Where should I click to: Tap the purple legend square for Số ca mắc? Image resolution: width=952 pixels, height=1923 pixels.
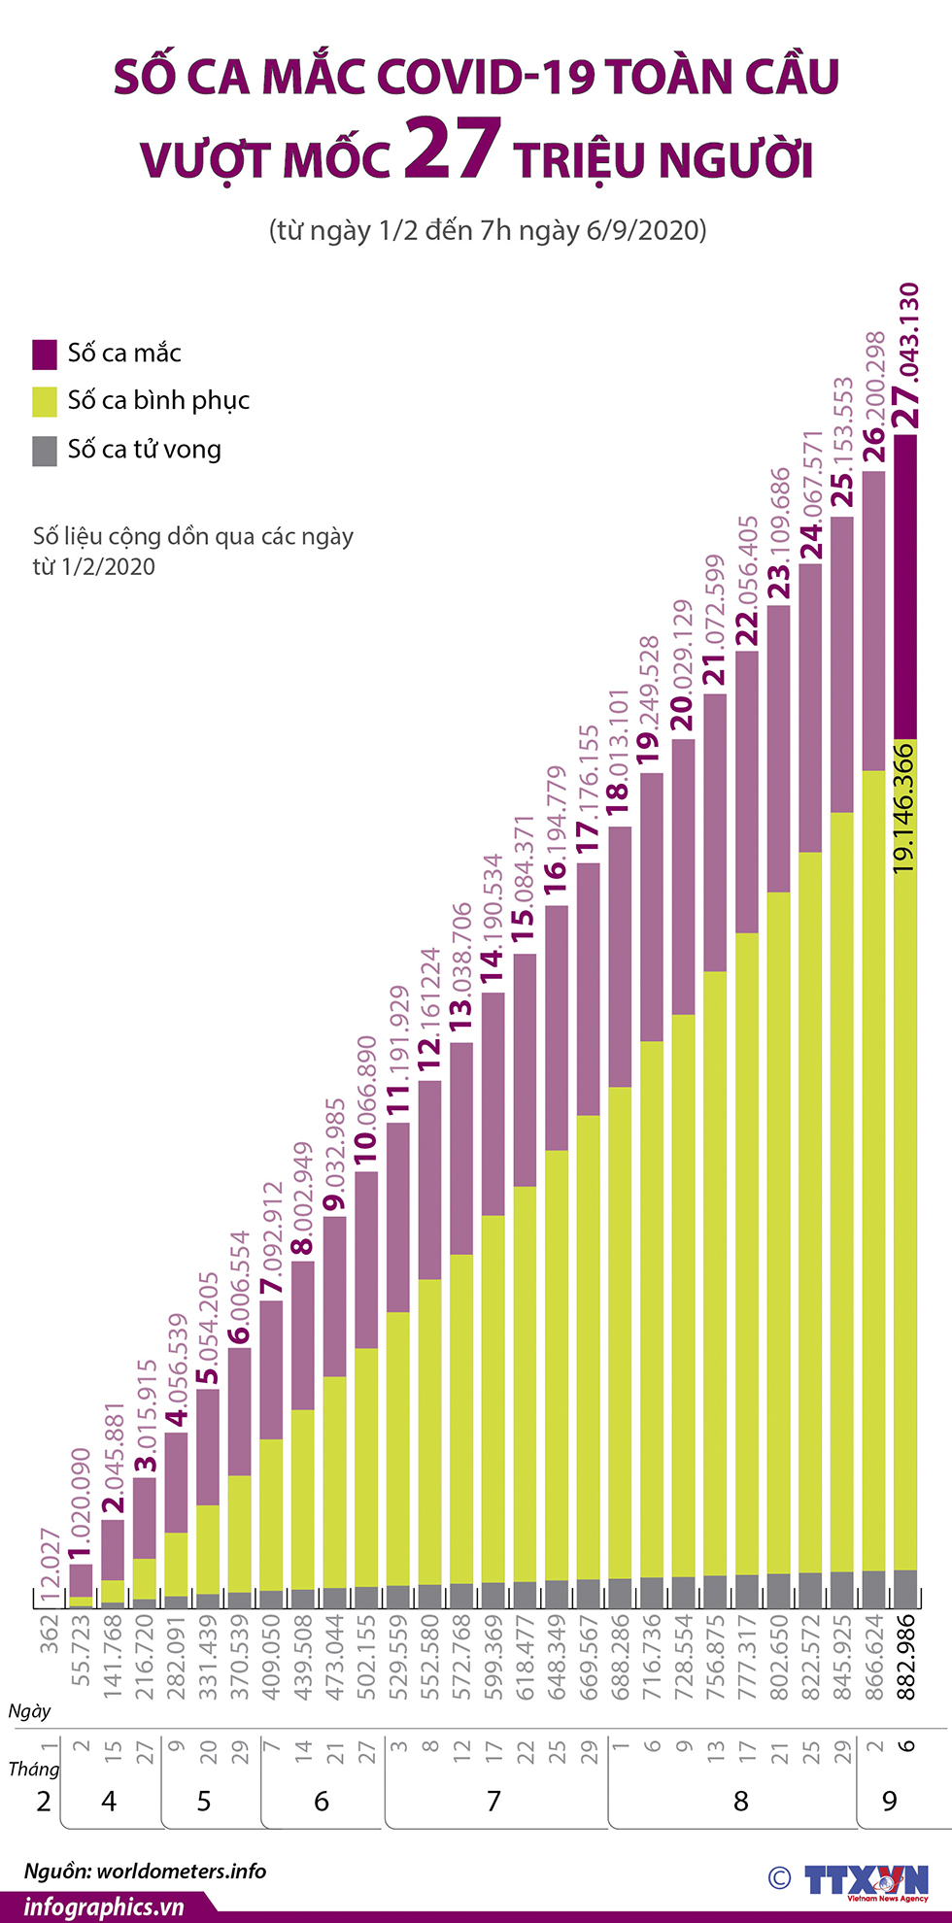(45, 354)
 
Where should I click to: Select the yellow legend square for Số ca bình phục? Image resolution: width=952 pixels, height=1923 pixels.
(45, 401)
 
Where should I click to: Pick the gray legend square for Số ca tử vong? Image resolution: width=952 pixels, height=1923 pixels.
(45, 451)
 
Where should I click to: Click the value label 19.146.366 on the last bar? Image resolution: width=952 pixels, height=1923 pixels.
(904, 807)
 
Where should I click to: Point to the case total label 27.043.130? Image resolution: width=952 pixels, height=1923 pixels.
(907, 355)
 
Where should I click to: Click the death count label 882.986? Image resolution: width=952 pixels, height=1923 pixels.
(905, 1656)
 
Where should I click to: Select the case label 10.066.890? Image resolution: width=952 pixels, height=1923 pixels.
(366, 1102)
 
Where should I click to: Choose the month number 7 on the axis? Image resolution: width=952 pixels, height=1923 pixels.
(493, 1802)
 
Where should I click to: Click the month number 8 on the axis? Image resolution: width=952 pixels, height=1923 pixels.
(740, 1802)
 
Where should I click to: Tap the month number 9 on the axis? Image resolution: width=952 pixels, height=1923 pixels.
(890, 1802)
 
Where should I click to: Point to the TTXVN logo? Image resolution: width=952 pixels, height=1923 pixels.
(865, 1880)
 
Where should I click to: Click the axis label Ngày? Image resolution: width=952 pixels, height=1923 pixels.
(29, 1711)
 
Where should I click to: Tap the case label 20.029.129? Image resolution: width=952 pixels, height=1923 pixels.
(683, 665)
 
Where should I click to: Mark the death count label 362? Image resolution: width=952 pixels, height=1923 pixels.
(50, 1634)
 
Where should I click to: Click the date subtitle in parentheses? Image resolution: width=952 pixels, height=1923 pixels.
(488, 230)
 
